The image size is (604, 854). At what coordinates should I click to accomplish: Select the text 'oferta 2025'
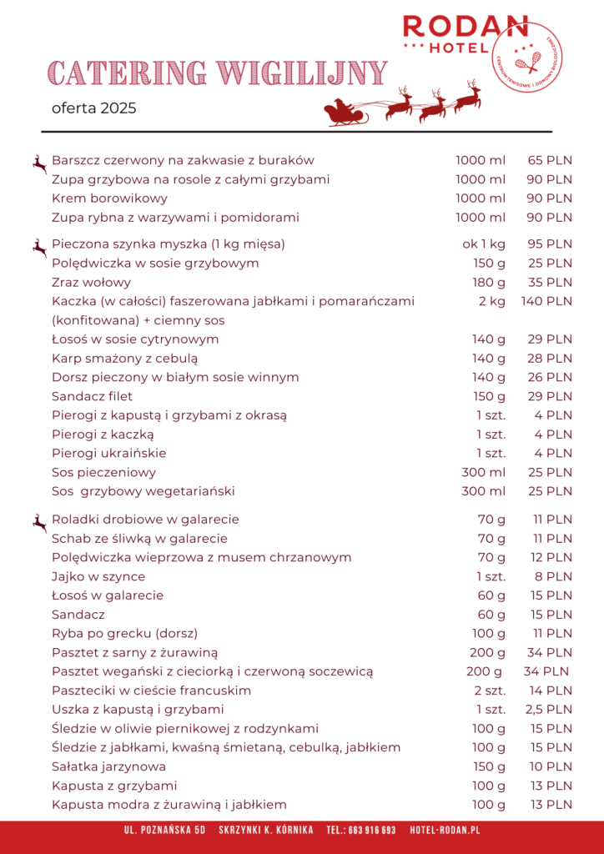(93, 108)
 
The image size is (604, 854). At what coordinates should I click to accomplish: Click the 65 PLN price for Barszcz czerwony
(549, 160)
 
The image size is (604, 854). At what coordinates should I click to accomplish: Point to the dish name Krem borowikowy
(109, 198)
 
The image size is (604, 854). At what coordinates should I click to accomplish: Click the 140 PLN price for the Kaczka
(546, 301)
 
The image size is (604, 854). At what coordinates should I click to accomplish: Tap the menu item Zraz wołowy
(91, 282)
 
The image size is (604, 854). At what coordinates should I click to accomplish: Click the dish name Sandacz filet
(92, 396)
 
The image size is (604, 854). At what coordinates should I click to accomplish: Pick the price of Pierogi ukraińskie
(553, 454)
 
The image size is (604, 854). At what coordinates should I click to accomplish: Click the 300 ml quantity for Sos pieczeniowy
(483, 473)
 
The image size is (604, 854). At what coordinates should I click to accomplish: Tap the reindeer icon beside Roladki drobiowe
(39, 523)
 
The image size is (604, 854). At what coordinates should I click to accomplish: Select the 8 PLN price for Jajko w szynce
(553, 576)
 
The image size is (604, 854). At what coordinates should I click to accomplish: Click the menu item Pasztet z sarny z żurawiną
(135, 652)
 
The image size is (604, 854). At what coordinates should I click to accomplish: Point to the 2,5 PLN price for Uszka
(549, 710)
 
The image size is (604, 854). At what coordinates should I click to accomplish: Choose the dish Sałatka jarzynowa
(108, 766)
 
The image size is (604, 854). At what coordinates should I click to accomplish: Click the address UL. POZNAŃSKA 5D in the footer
(164, 831)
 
